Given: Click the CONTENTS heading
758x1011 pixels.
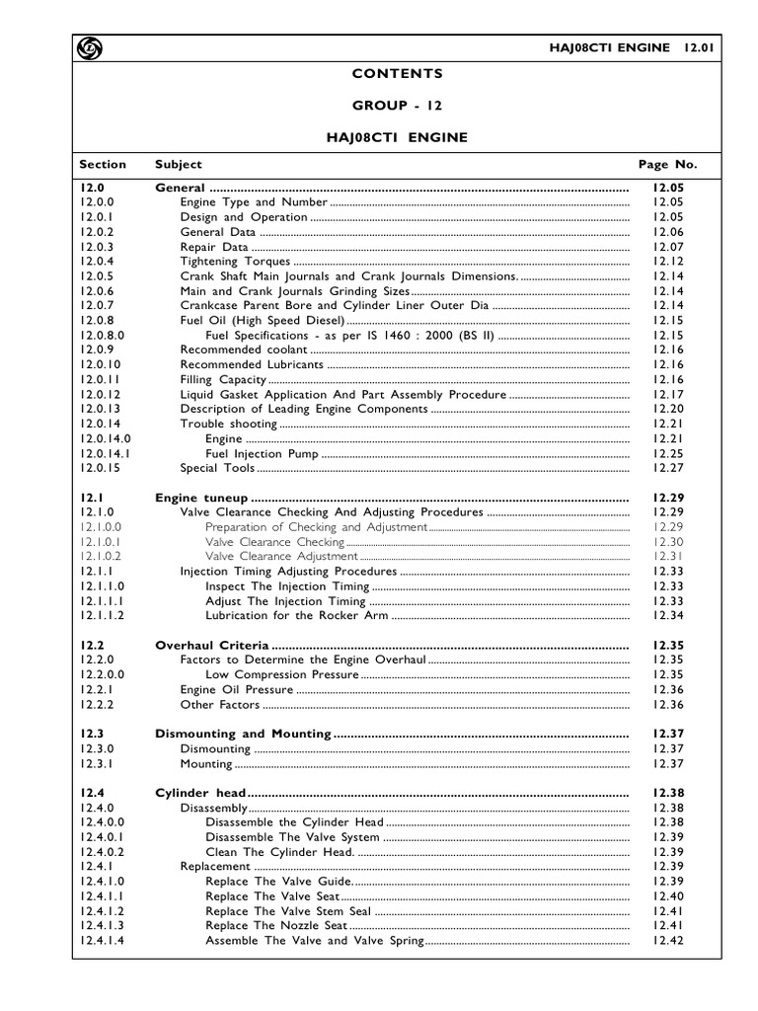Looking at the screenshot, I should tap(398, 73).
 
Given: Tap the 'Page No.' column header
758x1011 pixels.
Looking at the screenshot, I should tap(667, 164).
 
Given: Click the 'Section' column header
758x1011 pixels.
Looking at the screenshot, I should tap(103, 164).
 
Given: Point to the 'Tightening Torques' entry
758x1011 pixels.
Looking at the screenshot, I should tap(235, 262).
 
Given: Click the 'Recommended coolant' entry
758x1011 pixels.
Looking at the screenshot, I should tap(244, 350).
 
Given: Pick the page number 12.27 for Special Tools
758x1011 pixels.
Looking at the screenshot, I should tap(667, 468).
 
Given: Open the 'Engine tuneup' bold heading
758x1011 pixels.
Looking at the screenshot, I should tap(201, 498).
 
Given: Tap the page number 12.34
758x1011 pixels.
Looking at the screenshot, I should tap(667, 615).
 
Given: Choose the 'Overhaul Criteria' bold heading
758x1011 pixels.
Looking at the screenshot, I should tap(208, 645).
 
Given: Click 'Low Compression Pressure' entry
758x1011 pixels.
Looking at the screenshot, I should tap(282, 674).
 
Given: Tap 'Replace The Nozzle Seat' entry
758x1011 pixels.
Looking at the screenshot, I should tap(276, 925).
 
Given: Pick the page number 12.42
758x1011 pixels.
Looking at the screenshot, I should tap(667, 940).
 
